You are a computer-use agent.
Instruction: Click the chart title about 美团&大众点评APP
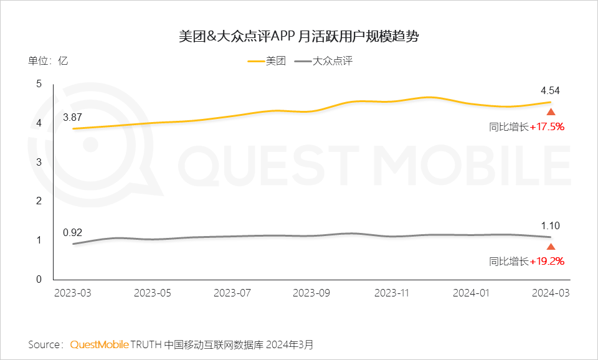click(x=298, y=36)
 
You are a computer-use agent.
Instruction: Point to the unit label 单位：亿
click(x=48, y=61)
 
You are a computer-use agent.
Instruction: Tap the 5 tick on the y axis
click(x=39, y=84)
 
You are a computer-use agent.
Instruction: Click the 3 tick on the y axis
click(x=39, y=162)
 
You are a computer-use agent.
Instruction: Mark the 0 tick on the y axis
click(x=39, y=280)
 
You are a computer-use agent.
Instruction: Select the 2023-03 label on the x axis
click(x=73, y=292)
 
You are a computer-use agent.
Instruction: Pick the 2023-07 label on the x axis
click(x=232, y=292)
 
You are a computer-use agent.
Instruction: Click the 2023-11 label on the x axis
click(x=392, y=292)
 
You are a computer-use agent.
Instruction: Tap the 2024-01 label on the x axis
click(x=472, y=292)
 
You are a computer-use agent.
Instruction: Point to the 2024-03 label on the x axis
click(x=551, y=292)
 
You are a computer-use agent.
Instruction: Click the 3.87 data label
click(x=72, y=116)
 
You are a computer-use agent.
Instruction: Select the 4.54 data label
click(x=550, y=91)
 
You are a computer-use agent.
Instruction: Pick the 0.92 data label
click(x=72, y=233)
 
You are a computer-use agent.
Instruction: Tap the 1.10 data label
click(x=550, y=226)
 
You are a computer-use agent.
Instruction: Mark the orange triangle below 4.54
click(x=551, y=112)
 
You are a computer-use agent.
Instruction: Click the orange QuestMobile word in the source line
click(x=100, y=344)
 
